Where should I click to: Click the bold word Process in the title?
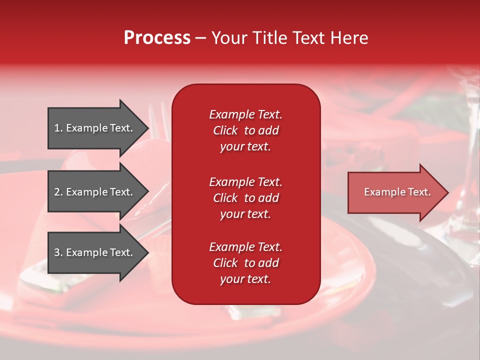(157, 38)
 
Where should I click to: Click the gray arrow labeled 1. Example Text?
(93, 128)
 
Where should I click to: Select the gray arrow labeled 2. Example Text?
(93, 192)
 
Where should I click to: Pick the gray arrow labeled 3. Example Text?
(93, 252)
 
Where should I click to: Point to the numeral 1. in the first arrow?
(58, 128)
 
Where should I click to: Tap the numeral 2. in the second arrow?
(58, 192)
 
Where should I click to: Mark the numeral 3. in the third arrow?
(58, 252)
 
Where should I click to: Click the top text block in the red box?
(245, 130)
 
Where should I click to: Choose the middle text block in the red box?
(245, 198)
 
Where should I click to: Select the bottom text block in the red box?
(245, 263)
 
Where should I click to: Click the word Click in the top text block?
(225, 130)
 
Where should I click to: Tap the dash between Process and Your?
(200, 38)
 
